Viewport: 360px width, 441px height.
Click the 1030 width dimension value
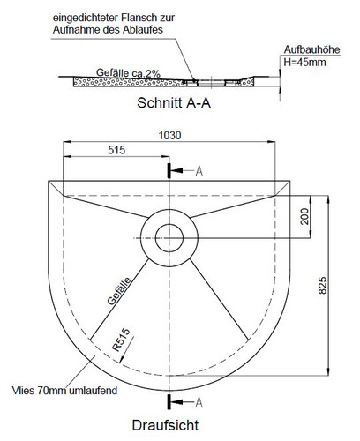click(169, 136)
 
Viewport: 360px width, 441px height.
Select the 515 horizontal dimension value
click(116, 150)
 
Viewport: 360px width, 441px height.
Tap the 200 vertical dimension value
click(304, 216)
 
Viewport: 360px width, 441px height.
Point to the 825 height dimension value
click(322, 285)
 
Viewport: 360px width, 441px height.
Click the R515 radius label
click(121, 340)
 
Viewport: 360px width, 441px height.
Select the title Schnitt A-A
click(174, 103)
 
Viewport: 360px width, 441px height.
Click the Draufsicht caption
click(165, 425)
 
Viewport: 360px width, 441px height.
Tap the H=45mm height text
click(304, 62)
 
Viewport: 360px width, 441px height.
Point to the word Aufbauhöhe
click(311, 49)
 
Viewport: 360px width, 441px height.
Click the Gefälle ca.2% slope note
click(128, 73)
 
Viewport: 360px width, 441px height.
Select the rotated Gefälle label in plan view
click(119, 291)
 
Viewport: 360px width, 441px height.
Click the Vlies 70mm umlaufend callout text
click(64, 391)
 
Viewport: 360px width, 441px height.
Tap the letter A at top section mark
click(199, 171)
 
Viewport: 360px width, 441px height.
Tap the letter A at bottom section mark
click(199, 402)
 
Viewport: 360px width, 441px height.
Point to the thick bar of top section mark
click(169, 171)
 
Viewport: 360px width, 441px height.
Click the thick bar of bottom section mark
click(169, 402)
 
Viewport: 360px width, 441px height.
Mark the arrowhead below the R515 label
click(121, 360)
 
